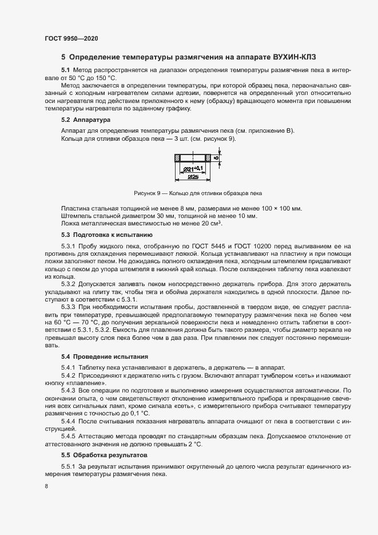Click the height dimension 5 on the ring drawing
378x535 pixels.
pyautogui.click(x=216, y=157)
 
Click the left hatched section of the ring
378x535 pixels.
pyautogui.click(x=178, y=157)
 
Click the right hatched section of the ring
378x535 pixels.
pyautogui.click(x=208, y=157)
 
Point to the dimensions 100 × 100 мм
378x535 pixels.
pyautogui.click(x=279, y=208)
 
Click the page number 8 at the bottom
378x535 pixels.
pyautogui.click(x=46, y=486)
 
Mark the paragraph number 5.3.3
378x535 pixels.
pyautogui.click(x=68, y=306)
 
